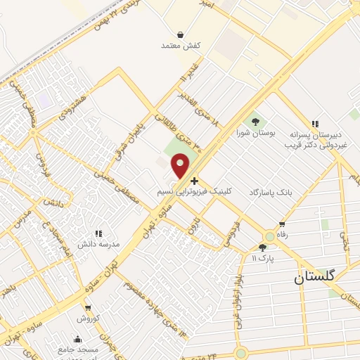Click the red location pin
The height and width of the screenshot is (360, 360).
pos(181,165)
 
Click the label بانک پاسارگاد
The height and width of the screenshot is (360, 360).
pos(269,192)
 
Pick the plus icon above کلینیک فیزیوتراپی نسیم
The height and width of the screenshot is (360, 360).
pos(194,181)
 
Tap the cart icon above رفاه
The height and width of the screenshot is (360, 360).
pos(282,224)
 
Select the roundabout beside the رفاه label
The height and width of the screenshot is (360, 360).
pos(269,237)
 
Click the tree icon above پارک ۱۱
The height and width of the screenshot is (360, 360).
pos(263,247)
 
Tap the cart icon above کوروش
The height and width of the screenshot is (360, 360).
pos(88,307)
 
